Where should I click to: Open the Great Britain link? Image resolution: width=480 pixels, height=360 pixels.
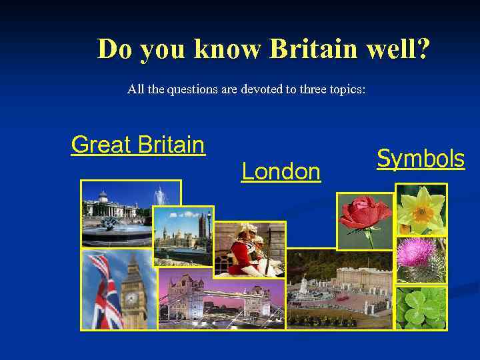tap(137, 144)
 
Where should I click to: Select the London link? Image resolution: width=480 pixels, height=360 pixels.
tap(281, 172)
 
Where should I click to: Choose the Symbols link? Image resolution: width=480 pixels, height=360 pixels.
tap(421, 159)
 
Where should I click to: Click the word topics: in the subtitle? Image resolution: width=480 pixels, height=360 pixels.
tap(347, 89)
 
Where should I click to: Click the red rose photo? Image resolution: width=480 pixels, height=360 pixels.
tap(365, 221)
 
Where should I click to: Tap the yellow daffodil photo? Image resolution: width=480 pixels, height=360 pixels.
tap(421, 209)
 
